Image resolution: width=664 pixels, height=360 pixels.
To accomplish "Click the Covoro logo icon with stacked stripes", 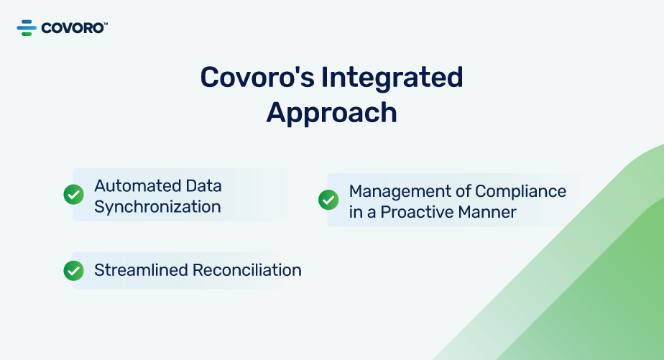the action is (27, 27).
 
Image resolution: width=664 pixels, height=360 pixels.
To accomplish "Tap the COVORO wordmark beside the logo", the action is (73, 28).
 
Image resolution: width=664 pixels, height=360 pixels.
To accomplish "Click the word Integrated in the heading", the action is (392, 78).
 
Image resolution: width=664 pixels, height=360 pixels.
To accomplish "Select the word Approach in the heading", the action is (331, 113).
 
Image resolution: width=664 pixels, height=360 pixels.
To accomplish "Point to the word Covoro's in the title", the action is (257, 77).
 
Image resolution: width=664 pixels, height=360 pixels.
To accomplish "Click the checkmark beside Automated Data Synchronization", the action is (74, 195).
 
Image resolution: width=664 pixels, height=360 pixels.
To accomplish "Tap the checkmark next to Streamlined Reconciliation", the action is (74, 271).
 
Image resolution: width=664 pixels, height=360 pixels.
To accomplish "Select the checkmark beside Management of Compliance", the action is (328, 200).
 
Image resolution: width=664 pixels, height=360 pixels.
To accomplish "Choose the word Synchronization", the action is (157, 207).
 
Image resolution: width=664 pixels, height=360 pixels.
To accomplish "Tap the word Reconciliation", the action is (247, 270).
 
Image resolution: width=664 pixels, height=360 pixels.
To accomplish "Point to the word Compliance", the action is (520, 191).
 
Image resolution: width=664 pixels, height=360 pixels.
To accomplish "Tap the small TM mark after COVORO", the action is (106, 24).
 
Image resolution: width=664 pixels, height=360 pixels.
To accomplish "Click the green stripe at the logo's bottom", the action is (27, 34).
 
